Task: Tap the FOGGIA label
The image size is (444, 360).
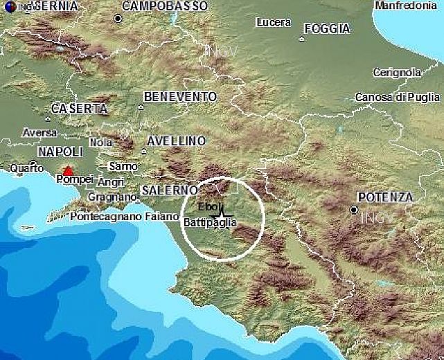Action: click(x=327, y=28)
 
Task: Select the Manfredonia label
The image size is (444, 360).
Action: click(x=406, y=6)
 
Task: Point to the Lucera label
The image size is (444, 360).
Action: click(x=273, y=23)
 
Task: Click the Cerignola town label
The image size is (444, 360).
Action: click(x=397, y=72)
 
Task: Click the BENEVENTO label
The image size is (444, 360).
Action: click(x=180, y=97)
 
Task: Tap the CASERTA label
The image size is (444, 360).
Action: click(x=80, y=109)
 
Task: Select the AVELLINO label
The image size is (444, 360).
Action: click(x=176, y=141)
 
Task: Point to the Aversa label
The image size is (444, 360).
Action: click(x=39, y=132)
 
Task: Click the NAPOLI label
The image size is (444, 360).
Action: click(x=60, y=152)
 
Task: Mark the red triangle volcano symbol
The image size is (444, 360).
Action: click(x=67, y=170)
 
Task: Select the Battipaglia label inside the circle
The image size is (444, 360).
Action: click(x=210, y=223)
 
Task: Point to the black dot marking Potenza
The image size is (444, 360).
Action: click(x=354, y=209)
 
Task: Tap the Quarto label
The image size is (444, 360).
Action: click(x=26, y=167)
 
